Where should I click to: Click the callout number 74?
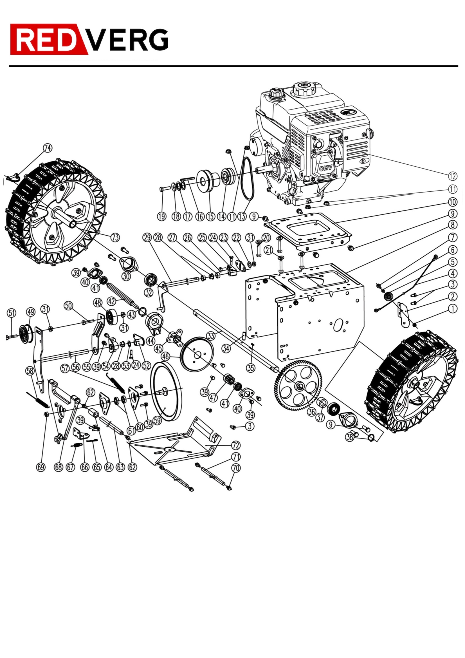click(48, 148)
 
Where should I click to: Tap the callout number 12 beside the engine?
click(453, 176)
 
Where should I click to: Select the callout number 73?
click(115, 237)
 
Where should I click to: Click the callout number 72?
click(235, 445)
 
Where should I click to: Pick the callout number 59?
click(158, 420)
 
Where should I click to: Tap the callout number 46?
click(165, 357)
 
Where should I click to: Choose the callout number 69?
click(41, 467)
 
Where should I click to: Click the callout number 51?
click(12, 313)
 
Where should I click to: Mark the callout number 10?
click(453, 202)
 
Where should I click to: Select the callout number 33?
click(211, 336)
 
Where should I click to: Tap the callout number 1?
click(453, 309)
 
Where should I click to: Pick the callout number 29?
click(147, 237)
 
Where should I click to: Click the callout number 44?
click(150, 341)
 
